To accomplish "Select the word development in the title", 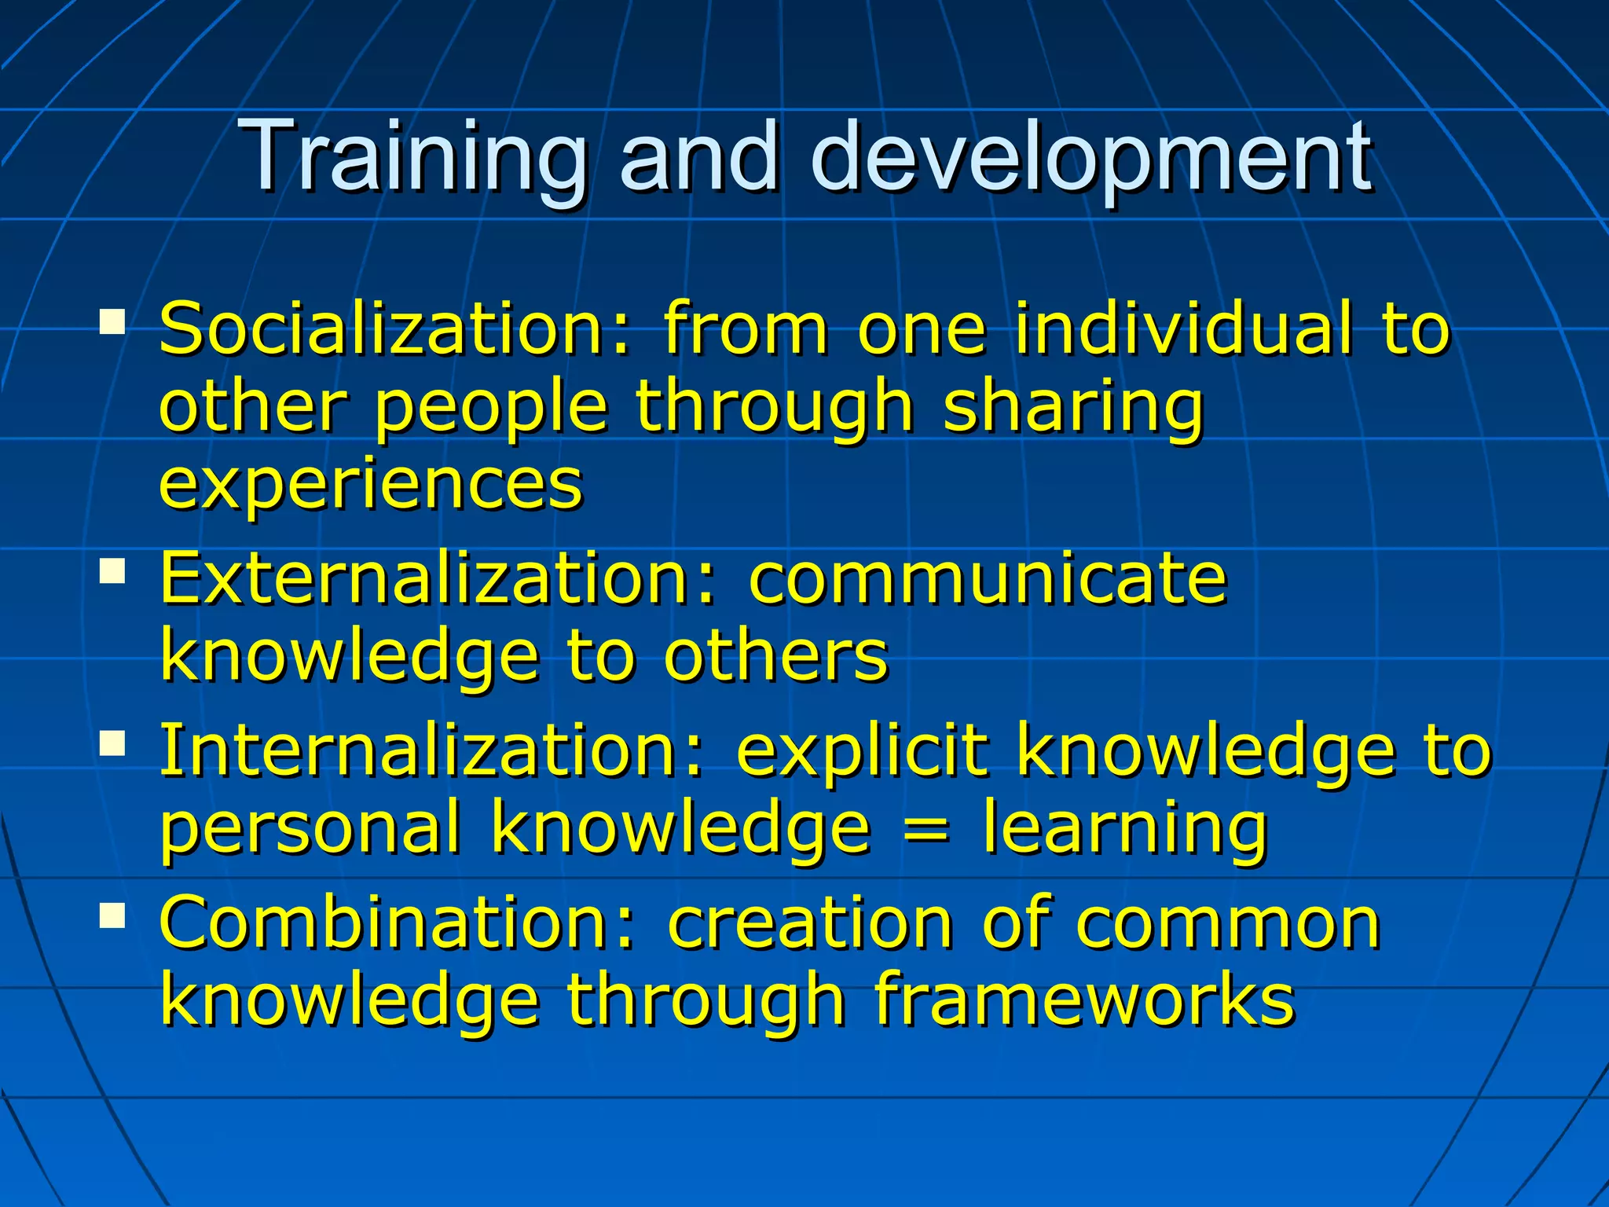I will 1092,157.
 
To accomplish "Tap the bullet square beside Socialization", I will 112,321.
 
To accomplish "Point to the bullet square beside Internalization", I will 112,743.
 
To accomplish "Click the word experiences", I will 371,484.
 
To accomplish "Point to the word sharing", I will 1073,409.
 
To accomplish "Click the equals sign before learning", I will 926,827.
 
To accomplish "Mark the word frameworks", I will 1084,1000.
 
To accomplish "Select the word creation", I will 810,924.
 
